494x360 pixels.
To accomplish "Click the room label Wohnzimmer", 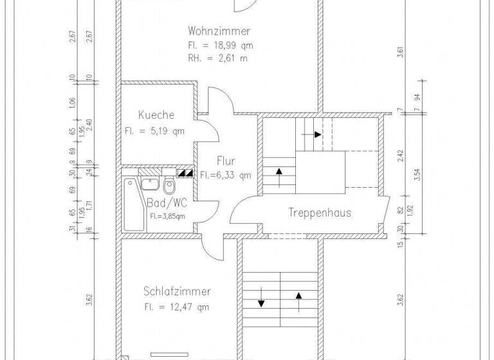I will [x=219, y=31].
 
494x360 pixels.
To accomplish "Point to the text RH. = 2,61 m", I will [x=218, y=59].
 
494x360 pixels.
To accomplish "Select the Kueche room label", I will [x=156, y=115].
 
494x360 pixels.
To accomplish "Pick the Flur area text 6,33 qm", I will [x=225, y=175].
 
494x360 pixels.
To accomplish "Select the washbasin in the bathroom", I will [x=150, y=184].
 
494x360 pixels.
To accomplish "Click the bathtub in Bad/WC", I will [x=133, y=204].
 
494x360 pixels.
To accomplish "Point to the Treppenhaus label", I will [x=320, y=212].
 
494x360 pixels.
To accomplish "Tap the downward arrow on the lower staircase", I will [x=262, y=303].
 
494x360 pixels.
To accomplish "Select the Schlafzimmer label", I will [x=177, y=292].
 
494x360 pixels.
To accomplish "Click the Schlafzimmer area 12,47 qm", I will [x=177, y=307].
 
